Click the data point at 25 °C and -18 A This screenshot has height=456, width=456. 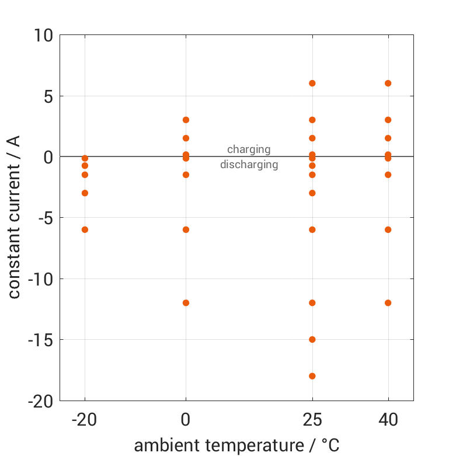312,376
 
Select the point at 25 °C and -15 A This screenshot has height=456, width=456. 312,339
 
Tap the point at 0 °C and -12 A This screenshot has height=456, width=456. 186,302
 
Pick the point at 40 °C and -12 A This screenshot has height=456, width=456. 388,302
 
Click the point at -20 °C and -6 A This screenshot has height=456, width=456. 85,229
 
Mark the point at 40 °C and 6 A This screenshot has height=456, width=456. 388,83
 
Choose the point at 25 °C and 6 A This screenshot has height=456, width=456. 312,83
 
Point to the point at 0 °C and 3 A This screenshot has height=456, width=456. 186,120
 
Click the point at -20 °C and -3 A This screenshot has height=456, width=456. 85,193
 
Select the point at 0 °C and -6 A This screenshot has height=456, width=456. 186,229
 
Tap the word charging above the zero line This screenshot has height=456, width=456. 249,149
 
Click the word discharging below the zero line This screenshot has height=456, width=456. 249,165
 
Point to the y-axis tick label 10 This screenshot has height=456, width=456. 42,35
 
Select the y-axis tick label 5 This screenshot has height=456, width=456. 47,96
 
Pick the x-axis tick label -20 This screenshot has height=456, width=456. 85,420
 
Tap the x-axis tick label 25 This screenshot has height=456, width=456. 312,420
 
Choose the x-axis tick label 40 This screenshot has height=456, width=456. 388,420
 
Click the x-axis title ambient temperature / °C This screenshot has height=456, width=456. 236,445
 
